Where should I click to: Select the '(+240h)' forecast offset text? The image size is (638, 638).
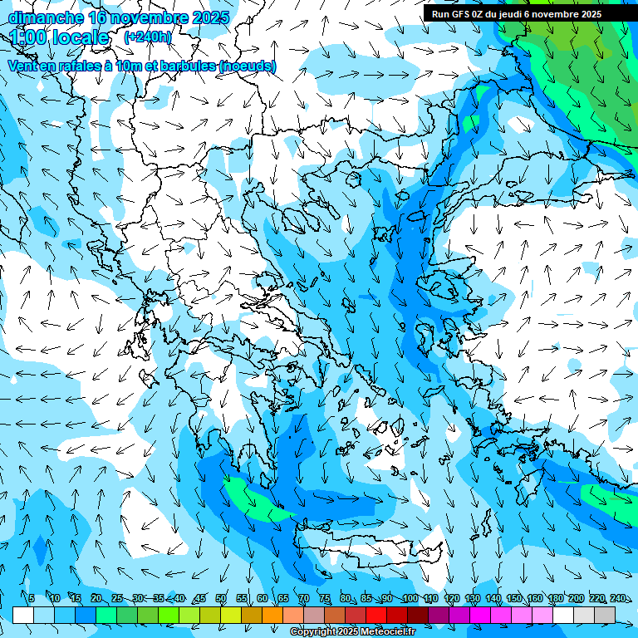(x=148, y=37)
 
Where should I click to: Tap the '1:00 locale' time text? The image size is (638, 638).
(x=60, y=37)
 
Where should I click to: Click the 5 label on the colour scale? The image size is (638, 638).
(x=31, y=599)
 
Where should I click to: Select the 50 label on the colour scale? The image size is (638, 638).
(x=221, y=599)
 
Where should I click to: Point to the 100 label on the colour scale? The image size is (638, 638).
(x=410, y=599)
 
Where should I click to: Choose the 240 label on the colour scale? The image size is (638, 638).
(x=617, y=599)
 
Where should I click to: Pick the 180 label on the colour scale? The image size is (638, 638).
(x=555, y=599)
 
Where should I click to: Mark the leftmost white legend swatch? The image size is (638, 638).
(x=23, y=615)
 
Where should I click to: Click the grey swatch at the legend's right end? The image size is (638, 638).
(x=605, y=615)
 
